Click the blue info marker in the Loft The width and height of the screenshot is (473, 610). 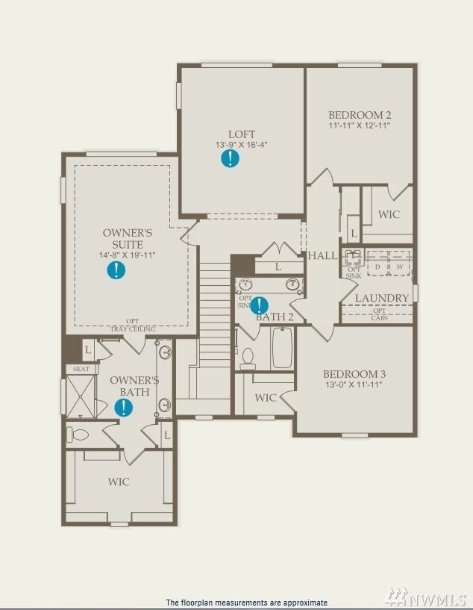[x=231, y=158]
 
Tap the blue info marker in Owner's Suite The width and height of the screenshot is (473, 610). [x=116, y=270]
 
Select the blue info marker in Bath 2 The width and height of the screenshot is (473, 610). [x=259, y=305]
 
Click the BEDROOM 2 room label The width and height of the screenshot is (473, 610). [x=360, y=115]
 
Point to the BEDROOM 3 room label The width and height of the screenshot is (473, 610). [x=354, y=374]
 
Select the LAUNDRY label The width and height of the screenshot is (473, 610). [x=381, y=298]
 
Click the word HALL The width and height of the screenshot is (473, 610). [x=323, y=255]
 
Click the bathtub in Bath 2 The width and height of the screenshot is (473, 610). [x=281, y=349]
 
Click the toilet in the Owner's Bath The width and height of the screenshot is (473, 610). [x=78, y=434]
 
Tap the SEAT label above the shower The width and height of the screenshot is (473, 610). [x=81, y=369]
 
